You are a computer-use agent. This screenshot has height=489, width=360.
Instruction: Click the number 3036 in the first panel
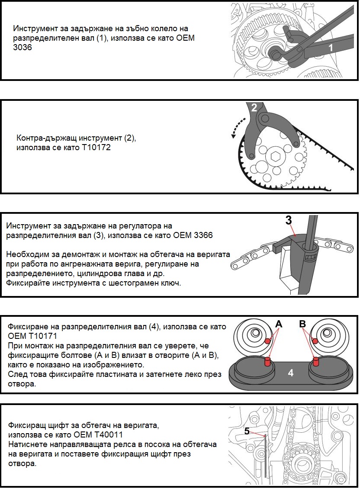pyautogui.click(x=23, y=48)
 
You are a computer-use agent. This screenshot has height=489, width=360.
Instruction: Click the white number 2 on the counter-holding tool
pyautogui.click(x=254, y=107)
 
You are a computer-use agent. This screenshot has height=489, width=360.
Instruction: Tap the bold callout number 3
pyautogui.click(x=289, y=220)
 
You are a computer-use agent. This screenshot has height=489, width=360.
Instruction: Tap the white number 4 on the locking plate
pyautogui.click(x=291, y=372)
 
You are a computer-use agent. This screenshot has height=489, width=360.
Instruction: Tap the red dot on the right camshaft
pyautogui.click(x=315, y=341)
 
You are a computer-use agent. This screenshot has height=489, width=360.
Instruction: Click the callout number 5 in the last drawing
pyautogui.click(x=247, y=431)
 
